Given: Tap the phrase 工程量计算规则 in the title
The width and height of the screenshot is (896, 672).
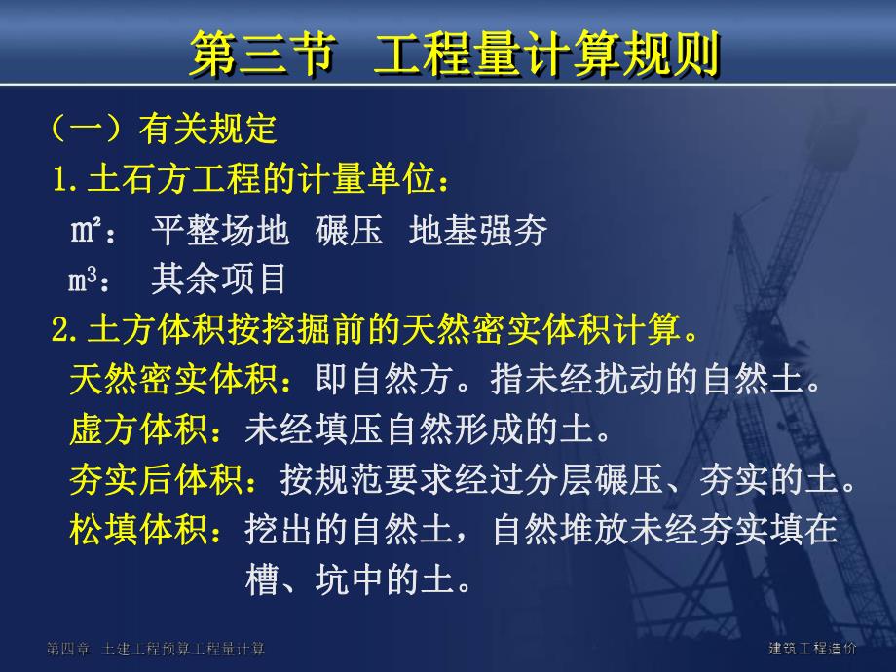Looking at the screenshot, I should coord(546,55).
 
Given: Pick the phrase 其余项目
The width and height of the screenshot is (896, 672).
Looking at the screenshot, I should coord(219,281).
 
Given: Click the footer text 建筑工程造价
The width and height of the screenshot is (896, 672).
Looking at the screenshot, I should coord(812,649).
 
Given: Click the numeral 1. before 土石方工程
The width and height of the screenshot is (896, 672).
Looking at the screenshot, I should coord(65,180).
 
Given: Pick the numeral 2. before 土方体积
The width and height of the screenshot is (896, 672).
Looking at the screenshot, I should coord(65,331).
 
